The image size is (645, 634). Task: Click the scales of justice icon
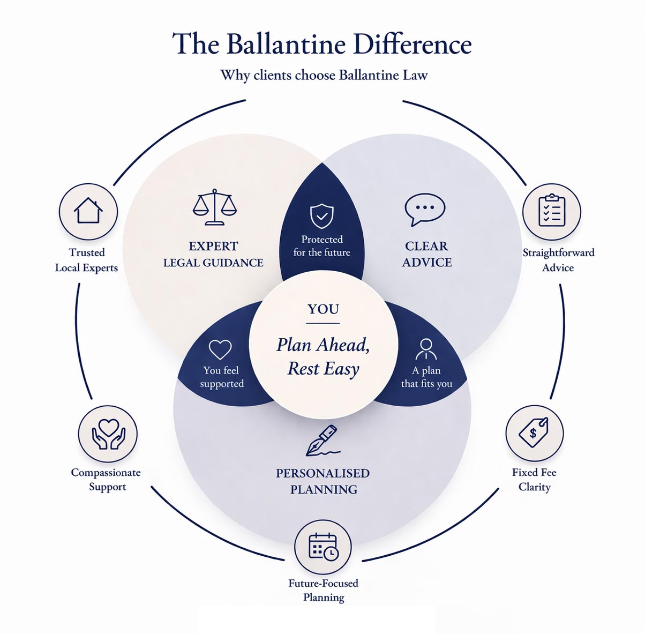click(x=214, y=207)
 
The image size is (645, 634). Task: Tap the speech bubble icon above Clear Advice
click(x=425, y=208)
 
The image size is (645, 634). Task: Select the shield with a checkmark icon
click(x=322, y=216)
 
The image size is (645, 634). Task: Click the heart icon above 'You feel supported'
click(x=220, y=349)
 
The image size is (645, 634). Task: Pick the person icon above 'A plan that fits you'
click(x=426, y=349)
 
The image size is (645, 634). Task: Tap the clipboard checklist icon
click(x=551, y=211)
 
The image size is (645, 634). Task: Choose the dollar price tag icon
click(x=534, y=432)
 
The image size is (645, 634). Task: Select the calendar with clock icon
click(x=323, y=547)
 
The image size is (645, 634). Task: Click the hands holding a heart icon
click(x=108, y=433)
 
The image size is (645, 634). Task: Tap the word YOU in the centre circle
click(x=323, y=309)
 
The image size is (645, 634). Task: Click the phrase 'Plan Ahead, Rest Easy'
click(x=323, y=356)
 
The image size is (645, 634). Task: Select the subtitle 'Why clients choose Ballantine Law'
click(x=324, y=75)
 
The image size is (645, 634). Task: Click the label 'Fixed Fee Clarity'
click(x=534, y=480)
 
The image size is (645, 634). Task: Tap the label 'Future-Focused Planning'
click(x=323, y=590)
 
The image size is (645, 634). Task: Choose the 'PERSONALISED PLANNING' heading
click(x=323, y=481)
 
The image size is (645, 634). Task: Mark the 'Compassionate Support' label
click(x=106, y=480)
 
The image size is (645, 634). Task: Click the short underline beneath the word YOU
click(x=323, y=324)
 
